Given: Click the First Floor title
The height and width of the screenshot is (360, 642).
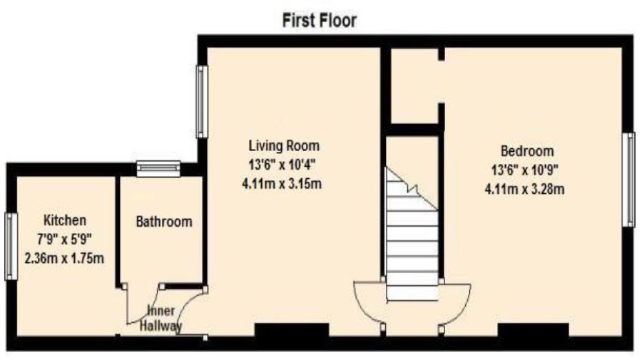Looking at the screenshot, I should (320, 21).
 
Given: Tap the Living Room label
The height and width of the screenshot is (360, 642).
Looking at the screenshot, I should (284, 146).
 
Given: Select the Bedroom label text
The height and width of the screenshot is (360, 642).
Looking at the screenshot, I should (526, 151).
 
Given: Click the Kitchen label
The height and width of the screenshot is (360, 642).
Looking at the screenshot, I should (65, 220).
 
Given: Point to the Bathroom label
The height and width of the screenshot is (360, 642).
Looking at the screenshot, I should (163, 222).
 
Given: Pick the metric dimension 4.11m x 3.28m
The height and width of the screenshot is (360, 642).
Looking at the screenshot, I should (526, 189).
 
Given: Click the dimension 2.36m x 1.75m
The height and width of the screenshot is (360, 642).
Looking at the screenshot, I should (65, 258).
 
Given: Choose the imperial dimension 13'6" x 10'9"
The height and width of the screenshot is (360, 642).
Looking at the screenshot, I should (526, 170).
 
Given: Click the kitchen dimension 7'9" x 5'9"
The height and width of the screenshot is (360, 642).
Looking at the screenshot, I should (65, 239).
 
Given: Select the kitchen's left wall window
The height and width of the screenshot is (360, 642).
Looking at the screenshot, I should (9, 246).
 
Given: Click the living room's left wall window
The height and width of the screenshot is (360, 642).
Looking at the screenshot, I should (202, 101).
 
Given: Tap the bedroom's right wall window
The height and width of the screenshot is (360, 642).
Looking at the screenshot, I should (629, 180).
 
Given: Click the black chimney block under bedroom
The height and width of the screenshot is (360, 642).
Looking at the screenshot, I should (533, 331).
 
